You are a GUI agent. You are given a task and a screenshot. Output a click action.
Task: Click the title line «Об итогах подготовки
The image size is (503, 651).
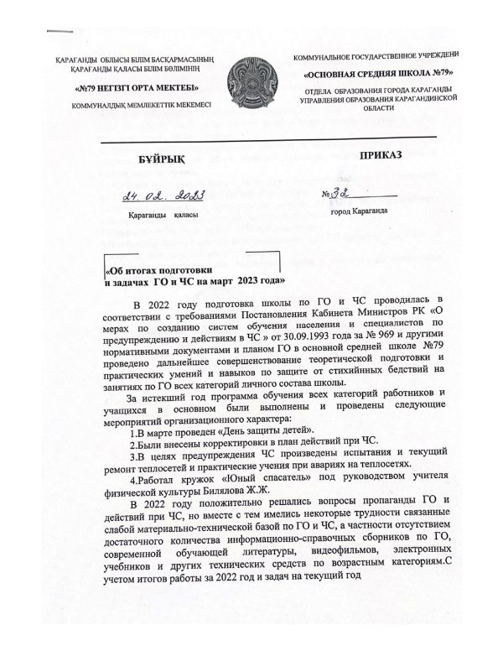[x=169, y=271]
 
